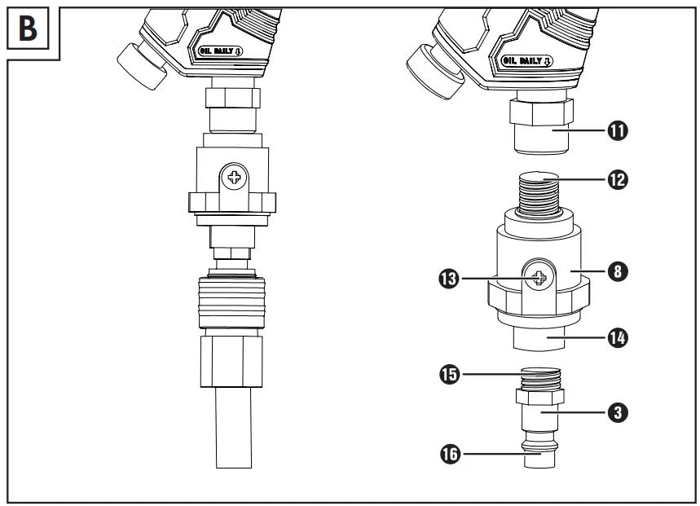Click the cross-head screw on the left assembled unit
point(236,177)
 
